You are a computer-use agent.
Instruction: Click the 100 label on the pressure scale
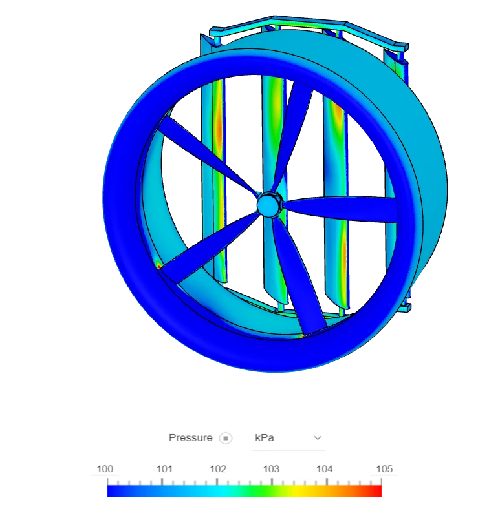tap(105, 469)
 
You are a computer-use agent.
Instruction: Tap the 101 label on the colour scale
tap(164, 469)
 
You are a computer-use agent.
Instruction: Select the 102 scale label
tap(218, 469)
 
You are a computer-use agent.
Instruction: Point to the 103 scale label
tap(271, 469)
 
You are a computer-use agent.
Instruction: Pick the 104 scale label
tap(325, 469)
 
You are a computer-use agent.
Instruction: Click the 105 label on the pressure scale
tap(384, 469)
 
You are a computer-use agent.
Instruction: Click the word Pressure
tap(191, 437)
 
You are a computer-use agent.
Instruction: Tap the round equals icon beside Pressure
tap(226, 438)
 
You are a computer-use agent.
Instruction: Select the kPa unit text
tap(265, 437)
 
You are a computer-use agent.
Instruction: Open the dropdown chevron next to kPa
tap(318, 438)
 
